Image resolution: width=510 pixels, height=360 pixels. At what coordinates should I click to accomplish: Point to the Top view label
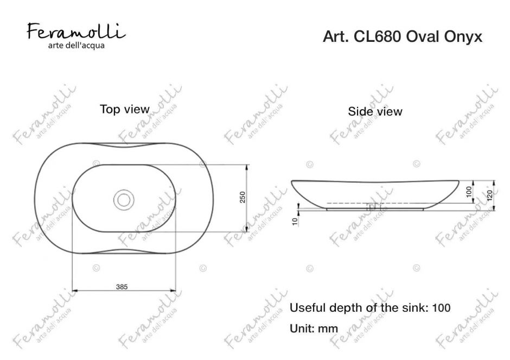(x=124, y=109)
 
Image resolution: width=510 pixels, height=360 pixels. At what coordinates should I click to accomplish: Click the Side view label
(x=375, y=112)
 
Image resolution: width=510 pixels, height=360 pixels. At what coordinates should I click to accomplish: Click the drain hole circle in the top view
(x=124, y=198)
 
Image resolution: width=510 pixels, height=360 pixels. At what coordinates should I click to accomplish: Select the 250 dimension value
(x=243, y=198)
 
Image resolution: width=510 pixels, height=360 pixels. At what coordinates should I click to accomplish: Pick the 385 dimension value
(x=122, y=287)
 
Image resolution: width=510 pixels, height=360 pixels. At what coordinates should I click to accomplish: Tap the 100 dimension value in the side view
(x=470, y=192)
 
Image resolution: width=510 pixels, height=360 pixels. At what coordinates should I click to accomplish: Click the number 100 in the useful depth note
(x=441, y=308)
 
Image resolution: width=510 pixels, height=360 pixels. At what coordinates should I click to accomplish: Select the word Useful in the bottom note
(x=307, y=308)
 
